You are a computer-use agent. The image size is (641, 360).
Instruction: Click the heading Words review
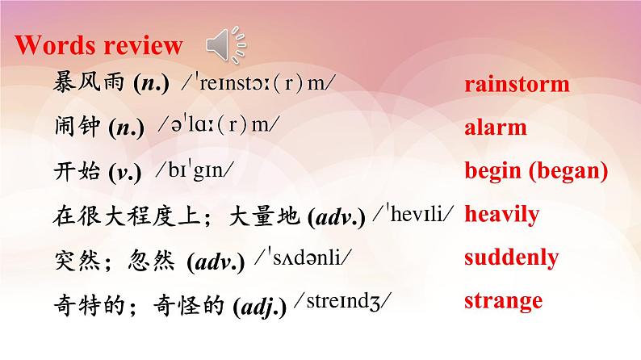(x=99, y=45)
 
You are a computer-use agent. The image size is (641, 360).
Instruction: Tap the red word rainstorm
(x=517, y=84)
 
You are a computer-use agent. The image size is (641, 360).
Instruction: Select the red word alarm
(x=496, y=128)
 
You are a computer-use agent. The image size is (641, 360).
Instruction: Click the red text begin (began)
(x=535, y=171)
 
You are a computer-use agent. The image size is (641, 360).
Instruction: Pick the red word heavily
(x=501, y=215)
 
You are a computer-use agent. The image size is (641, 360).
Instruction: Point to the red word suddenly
(x=511, y=257)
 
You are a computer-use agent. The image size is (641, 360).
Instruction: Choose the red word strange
(x=503, y=301)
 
